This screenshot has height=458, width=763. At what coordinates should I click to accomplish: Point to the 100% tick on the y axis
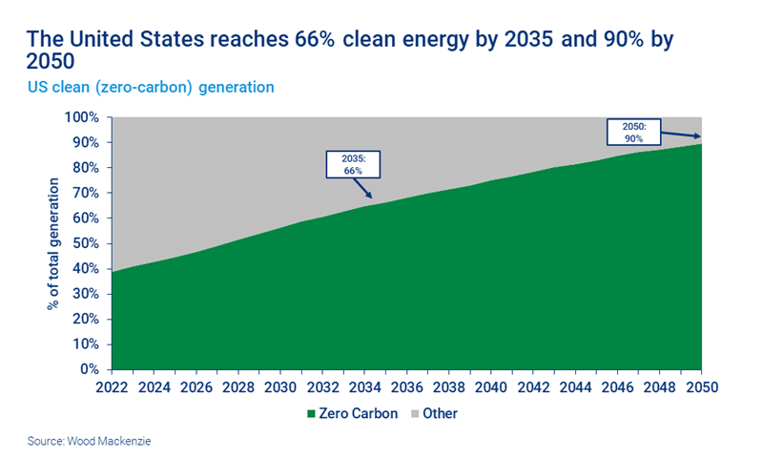coord(81,117)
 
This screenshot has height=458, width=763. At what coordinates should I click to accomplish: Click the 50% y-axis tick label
coord(84,243)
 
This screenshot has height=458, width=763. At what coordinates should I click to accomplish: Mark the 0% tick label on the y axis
coord(88,369)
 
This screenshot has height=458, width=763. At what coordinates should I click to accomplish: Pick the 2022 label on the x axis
coord(113,387)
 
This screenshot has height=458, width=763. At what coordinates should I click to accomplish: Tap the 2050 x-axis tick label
coord(701,387)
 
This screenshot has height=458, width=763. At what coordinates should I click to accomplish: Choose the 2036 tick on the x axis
coord(406,387)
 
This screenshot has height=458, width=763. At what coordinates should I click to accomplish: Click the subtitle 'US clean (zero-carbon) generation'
coord(150,87)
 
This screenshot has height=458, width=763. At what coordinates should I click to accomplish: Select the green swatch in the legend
coord(310,414)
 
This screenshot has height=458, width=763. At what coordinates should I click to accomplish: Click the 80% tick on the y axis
coord(84,168)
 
